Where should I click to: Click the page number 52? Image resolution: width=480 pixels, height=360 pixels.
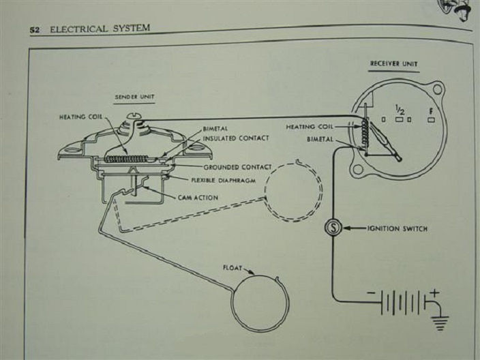click(x=35, y=31)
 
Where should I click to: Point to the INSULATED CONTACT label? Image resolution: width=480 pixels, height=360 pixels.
click(x=235, y=138)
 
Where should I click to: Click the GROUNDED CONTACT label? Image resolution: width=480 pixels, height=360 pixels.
click(x=238, y=167)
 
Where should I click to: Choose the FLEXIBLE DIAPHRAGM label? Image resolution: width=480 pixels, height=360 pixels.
click(x=227, y=181)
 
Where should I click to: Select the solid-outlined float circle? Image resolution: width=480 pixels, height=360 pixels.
click(x=258, y=303)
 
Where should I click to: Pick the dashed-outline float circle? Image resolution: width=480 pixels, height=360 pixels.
click(x=292, y=191)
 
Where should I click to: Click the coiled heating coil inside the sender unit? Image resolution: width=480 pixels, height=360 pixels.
click(x=125, y=159)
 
